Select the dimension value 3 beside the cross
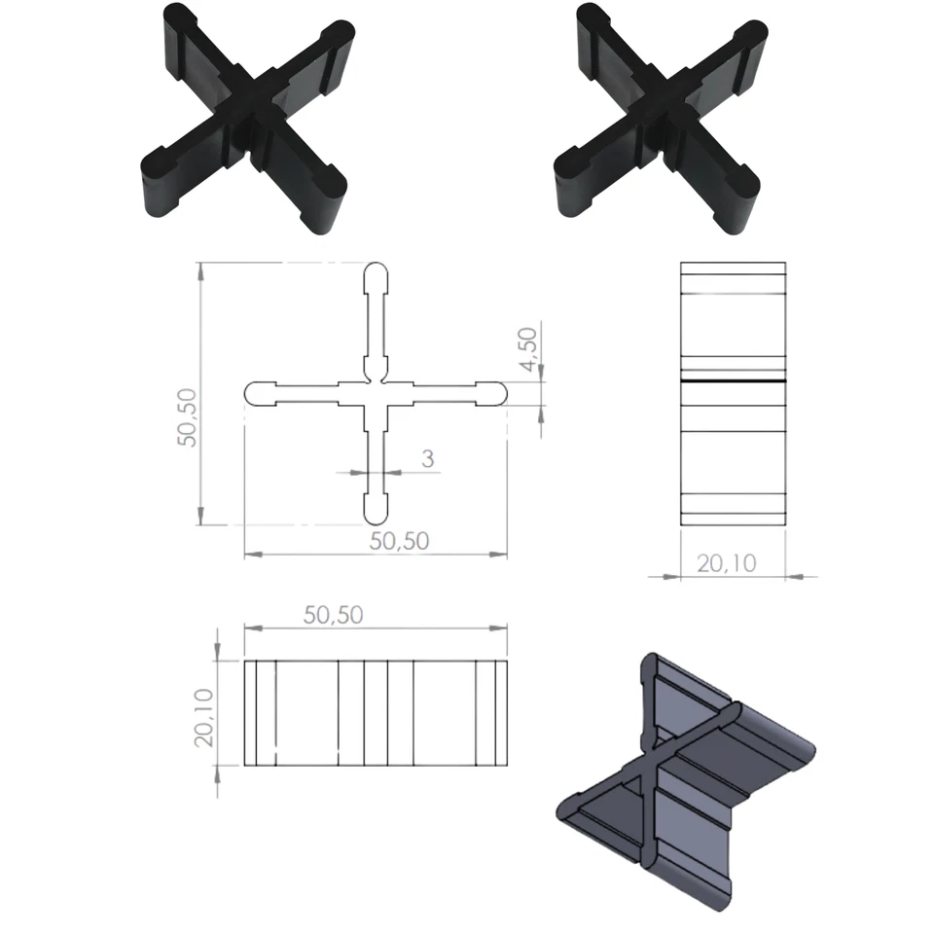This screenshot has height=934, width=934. coord(427,459)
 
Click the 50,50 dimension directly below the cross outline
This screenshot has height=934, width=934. coord(399,542)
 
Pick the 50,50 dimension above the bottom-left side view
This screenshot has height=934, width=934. coord(334,615)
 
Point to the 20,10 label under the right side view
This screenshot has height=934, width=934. coord(727,562)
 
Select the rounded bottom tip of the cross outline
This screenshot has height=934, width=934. coord(377,511)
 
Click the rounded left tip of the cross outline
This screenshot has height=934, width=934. coord(255,393)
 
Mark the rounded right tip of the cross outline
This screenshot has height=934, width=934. coord(496,393)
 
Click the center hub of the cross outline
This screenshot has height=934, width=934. coord(377,393)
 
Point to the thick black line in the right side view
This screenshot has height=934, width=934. coord(733,381)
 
